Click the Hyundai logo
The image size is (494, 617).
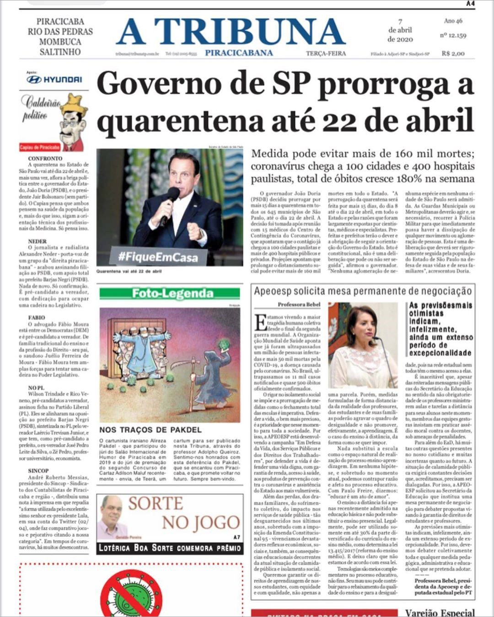[54, 80]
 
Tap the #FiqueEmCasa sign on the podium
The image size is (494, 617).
[158, 256]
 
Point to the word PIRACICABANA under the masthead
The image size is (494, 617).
[239, 53]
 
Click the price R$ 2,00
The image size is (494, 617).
[453, 54]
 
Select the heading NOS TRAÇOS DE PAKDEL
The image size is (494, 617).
[150, 430]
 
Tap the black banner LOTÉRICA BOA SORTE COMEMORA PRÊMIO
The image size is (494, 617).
[170, 547]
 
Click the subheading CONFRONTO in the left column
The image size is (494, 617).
[45, 158]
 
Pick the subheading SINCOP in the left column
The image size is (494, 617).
[38, 471]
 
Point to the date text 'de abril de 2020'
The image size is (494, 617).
[400, 35]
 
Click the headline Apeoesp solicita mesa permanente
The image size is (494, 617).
[362, 291]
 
